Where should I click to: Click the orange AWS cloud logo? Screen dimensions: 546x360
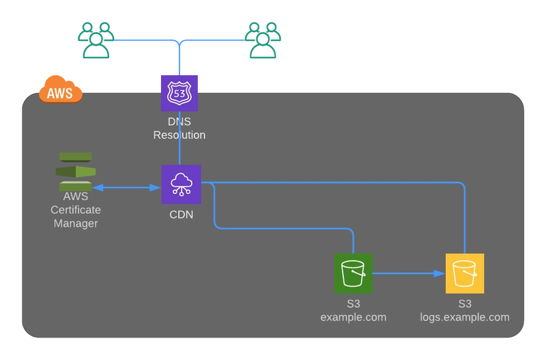point(61,89)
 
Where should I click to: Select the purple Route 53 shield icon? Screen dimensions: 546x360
point(179,93)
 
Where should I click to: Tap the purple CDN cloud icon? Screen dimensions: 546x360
point(181,184)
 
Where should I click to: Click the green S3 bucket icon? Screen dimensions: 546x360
point(353,273)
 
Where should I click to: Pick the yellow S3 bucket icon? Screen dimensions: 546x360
point(465,273)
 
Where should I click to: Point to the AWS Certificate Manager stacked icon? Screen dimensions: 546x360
point(76,171)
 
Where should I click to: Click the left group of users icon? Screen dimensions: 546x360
point(96,40)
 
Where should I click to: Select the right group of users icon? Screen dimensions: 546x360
point(263,40)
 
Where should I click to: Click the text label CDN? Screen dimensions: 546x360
point(181,214)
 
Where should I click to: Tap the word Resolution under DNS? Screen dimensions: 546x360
point(179,135)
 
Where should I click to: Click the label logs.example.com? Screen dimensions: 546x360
point(465,317)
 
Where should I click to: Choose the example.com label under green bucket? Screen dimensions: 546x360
point(353,317)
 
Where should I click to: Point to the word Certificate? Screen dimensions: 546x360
point(76,210)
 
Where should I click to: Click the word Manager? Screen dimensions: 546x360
point(76,223)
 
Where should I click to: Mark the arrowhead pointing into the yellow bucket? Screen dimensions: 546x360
point(440,273)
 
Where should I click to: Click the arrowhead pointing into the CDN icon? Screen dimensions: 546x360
point(156,187)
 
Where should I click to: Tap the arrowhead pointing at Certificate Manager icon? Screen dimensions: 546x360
point(98,187)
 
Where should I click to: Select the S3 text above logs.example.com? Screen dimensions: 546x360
point(465,303)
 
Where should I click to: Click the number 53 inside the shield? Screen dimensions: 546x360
point(179,94)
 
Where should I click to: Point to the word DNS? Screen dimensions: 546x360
point(179,122)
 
